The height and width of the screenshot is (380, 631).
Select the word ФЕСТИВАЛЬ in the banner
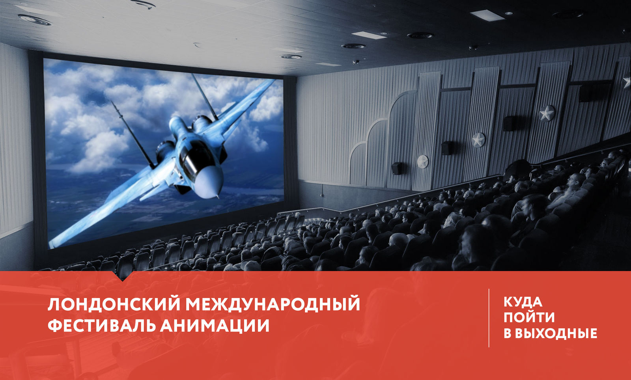click(101, 325)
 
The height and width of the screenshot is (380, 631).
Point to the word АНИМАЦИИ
click(215, 325)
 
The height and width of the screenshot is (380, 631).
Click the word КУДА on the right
click(523, 302)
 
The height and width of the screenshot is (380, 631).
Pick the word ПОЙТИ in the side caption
click(529, 317)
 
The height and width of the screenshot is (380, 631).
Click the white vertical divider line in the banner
click(489, 318)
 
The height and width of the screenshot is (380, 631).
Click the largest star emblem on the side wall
click(547, 114)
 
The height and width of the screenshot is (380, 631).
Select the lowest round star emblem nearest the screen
click(422, 162)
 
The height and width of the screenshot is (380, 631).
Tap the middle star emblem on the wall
click(479, 140)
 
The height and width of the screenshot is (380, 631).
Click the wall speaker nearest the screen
click(397, 168)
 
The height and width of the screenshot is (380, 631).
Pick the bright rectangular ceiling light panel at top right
click(487, 15)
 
